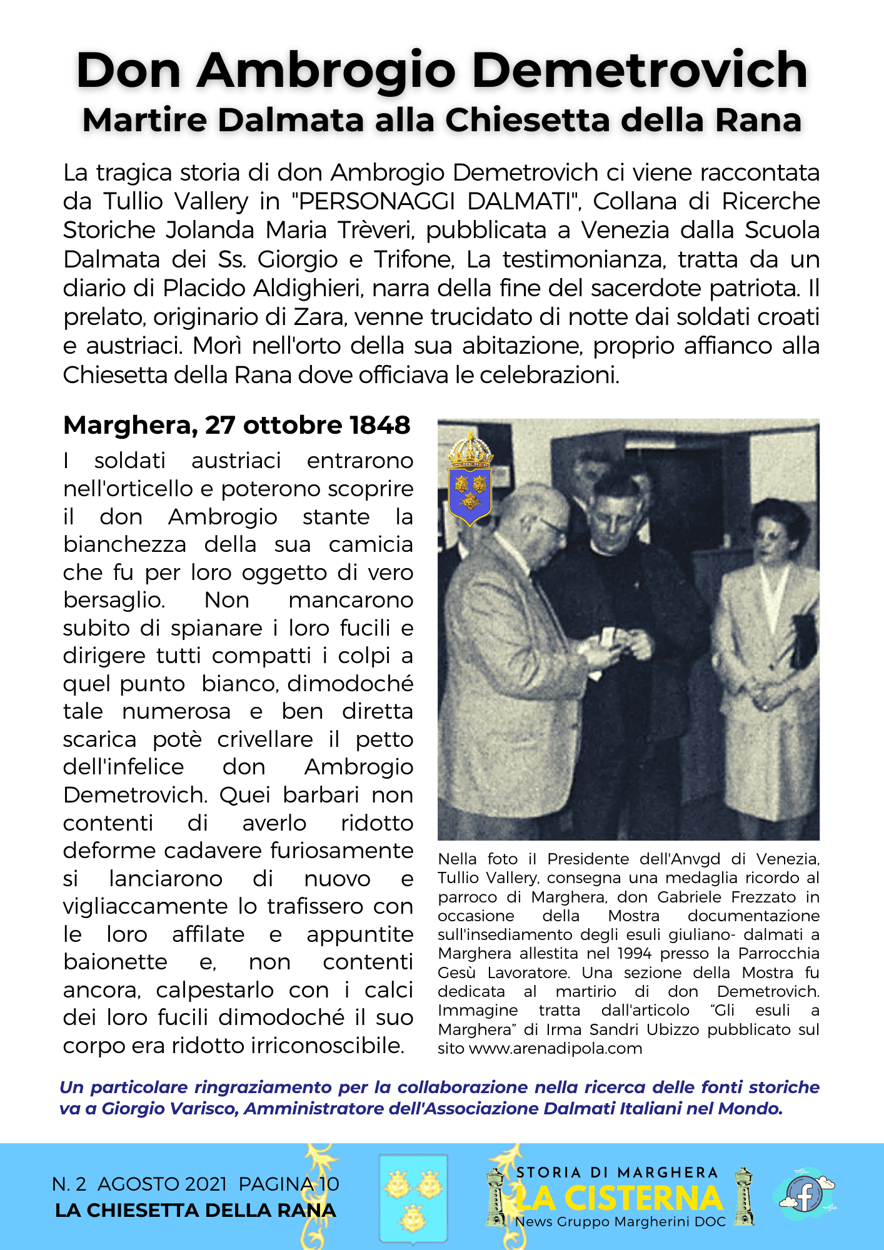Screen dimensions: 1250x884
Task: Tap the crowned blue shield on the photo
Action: click(x=470, y=480)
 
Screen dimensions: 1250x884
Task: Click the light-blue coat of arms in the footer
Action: click(x=413, y=1198)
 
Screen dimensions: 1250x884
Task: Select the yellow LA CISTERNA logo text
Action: click(x=619, y=1198)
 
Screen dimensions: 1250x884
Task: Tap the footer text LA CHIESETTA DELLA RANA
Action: click(x=195, y=1211)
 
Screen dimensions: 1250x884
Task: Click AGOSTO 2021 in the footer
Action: click(x=162, y=1184)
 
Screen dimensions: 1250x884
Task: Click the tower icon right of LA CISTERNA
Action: click(x=744, y=1196)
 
